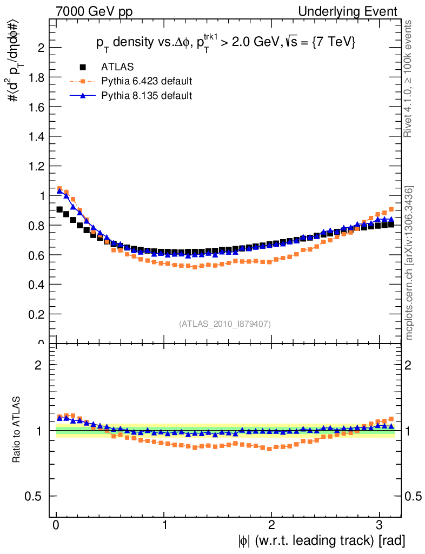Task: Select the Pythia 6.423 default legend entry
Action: (x=146, y=82)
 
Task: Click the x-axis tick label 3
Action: (x=378, y=524)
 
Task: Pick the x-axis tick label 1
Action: (x=164, y=524)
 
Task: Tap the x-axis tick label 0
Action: (x=56, y=524)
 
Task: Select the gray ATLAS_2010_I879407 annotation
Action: (x=225, y=324)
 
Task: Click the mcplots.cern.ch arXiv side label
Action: (x=410, y=263)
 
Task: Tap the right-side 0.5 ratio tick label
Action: (x=413, y=496)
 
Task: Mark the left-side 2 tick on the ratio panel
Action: (x=39, y=365)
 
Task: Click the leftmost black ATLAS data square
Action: (x=59, y=209)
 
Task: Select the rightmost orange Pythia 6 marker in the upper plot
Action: (x=391, y=209)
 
